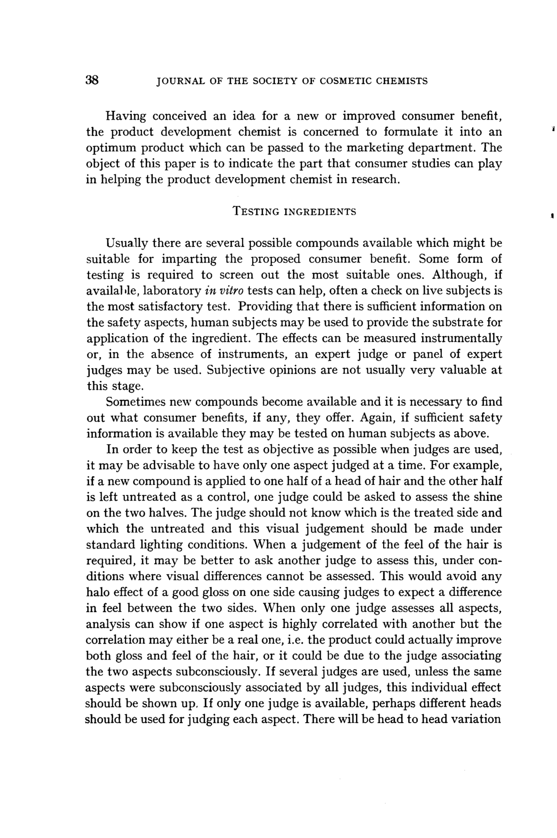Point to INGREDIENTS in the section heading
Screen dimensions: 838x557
[x=321, y=212]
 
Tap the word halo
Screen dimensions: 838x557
[x=97, y=592]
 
